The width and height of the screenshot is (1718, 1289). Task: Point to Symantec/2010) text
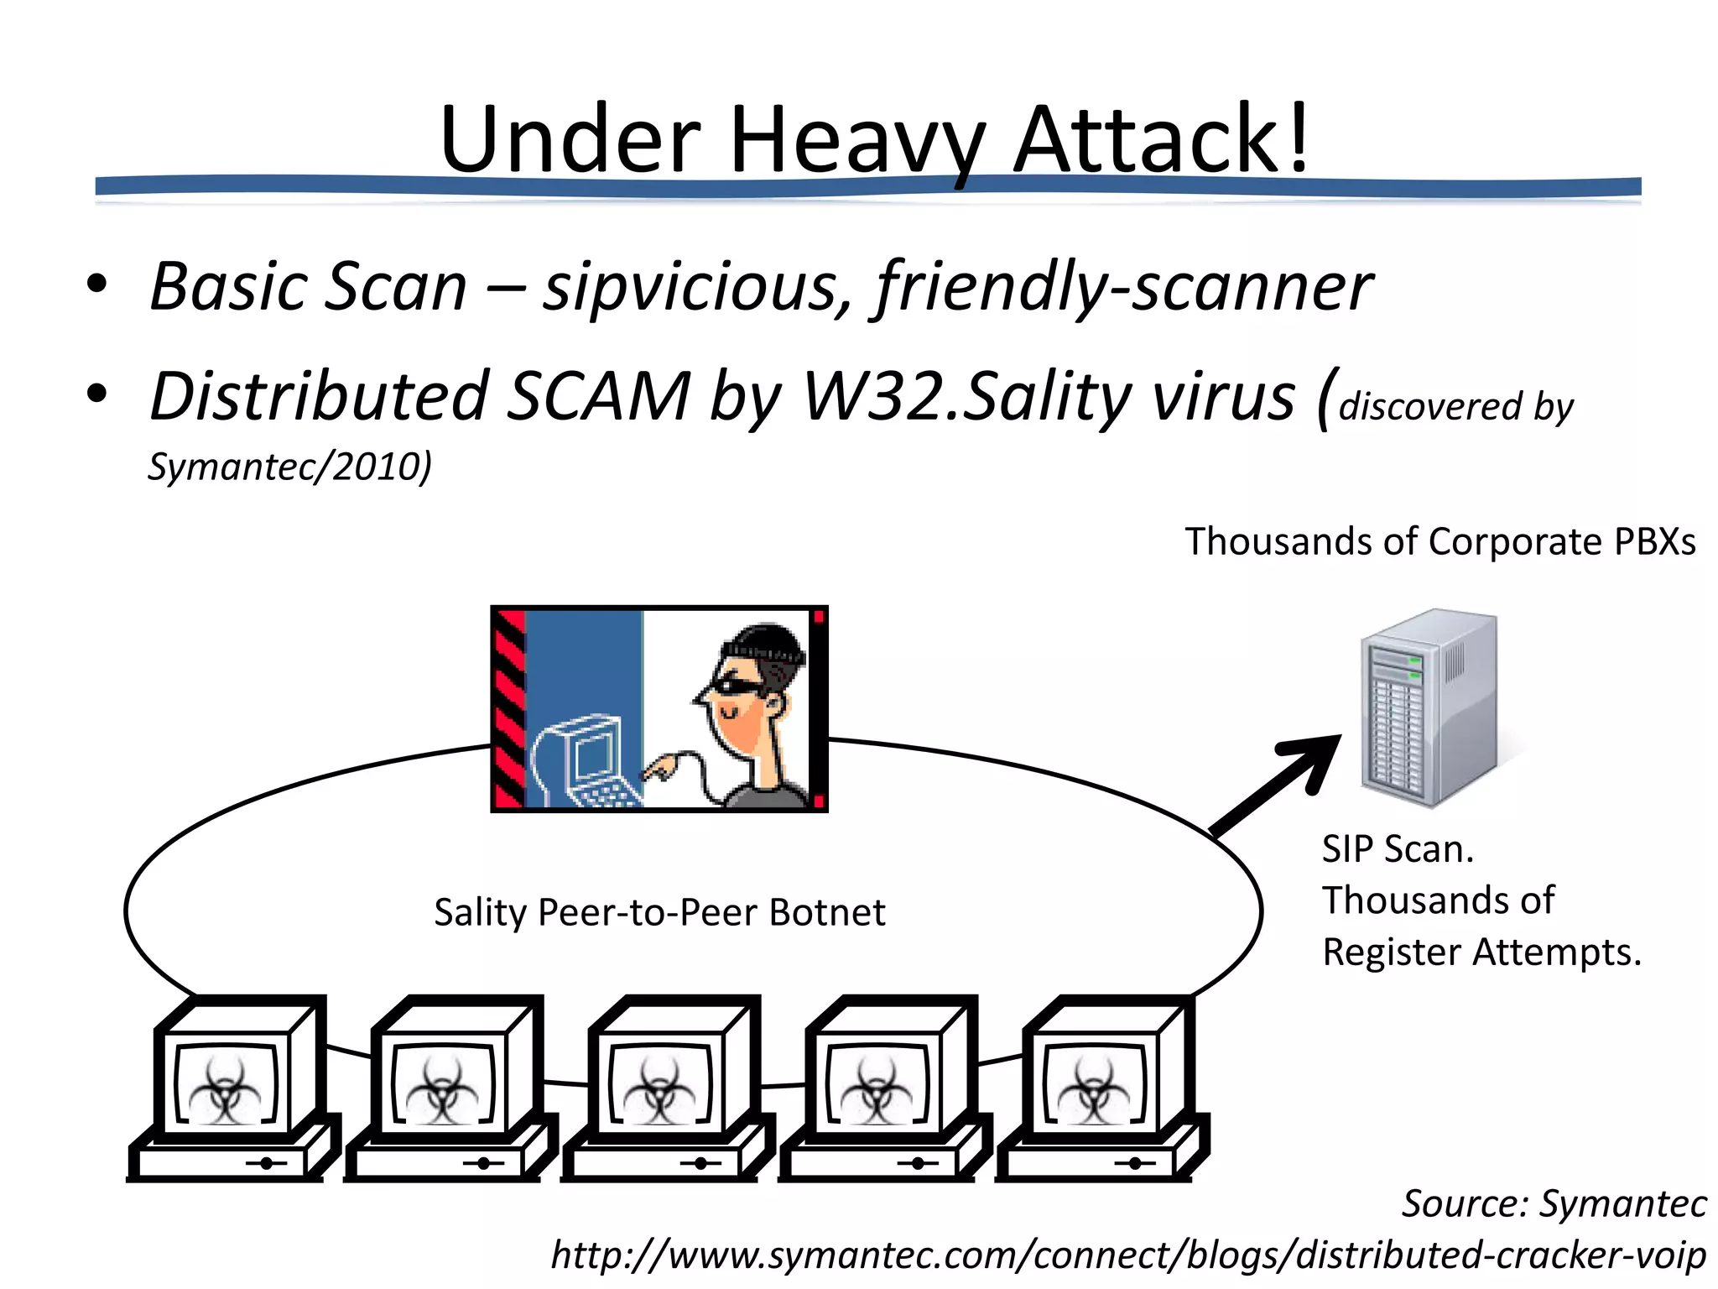point(289,467)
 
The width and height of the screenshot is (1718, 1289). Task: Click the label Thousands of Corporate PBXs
point(1439,541)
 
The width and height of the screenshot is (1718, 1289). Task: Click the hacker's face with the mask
point(742,688)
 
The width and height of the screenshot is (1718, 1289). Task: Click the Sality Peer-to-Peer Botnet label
point(659,912)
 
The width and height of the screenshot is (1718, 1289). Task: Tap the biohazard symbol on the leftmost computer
point(225,1089)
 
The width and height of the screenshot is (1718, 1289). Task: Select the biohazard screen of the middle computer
point(659,1089)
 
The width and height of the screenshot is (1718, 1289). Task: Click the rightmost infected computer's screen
point(1094,1089)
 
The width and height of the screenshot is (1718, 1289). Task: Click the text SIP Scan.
point(1398,849)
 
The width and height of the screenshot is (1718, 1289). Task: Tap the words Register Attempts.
point(1481,952)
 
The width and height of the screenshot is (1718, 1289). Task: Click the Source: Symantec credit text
point(1554,1203)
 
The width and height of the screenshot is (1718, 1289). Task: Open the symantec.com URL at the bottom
point(1127,1255)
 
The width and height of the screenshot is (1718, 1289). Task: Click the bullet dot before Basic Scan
point(97,284)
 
